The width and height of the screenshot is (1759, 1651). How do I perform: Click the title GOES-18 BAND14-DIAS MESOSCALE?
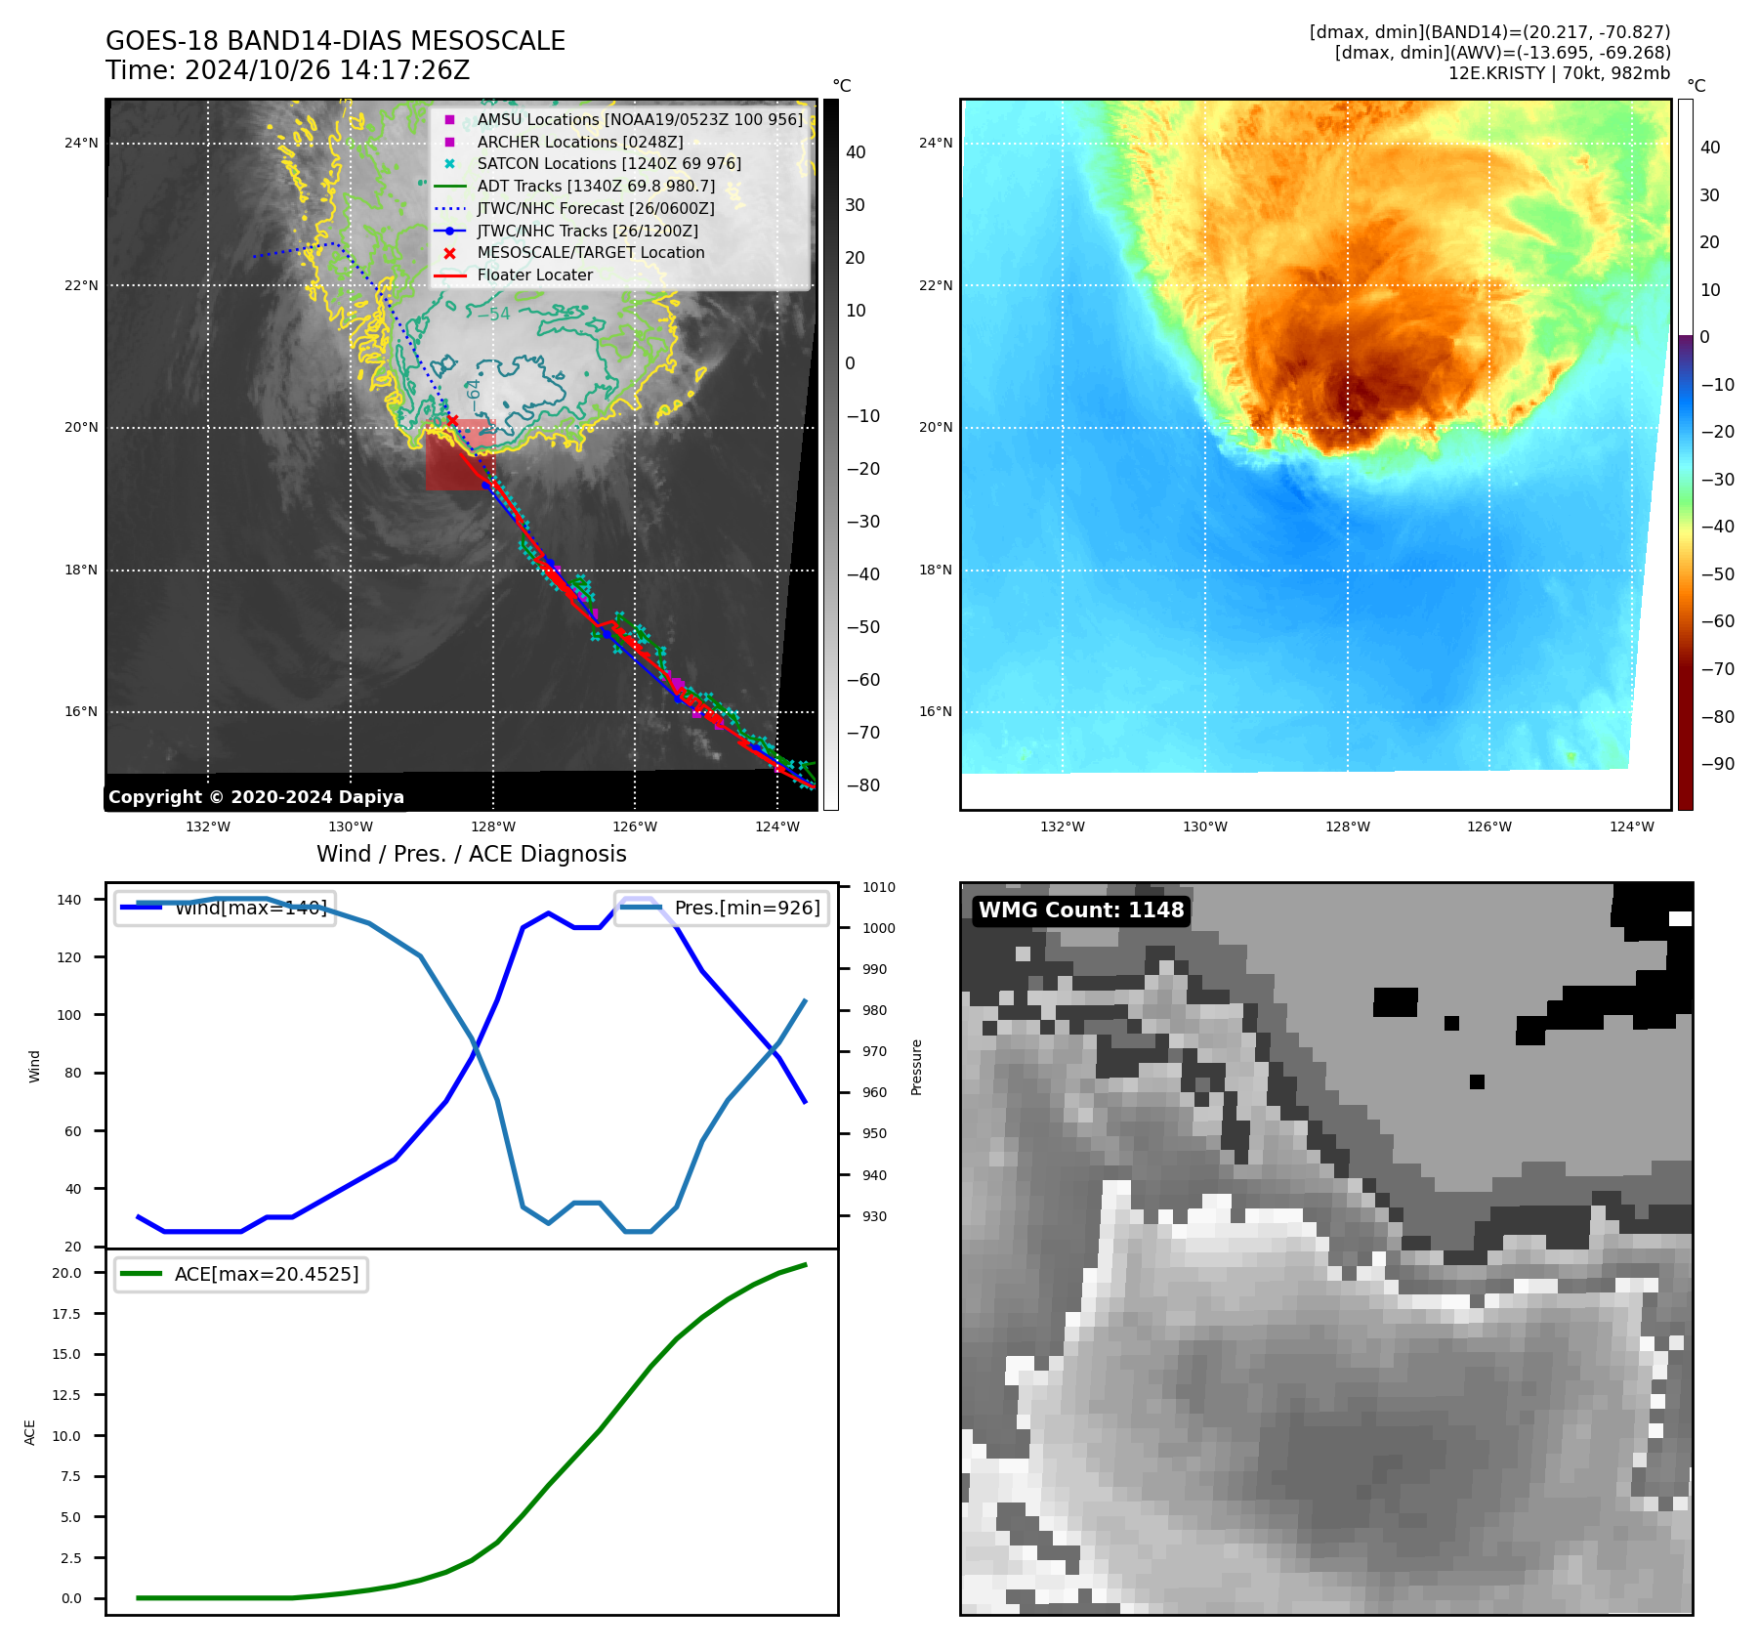(x=335, y=41)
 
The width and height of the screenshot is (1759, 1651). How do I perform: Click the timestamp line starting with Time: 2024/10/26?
(x=287, y=70)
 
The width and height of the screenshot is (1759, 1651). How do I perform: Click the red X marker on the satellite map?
(x=452, y=420)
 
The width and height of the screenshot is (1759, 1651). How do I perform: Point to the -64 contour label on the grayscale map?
(x=474, y=395)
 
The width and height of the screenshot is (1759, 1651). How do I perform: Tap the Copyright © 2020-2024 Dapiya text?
(x=256, y=796)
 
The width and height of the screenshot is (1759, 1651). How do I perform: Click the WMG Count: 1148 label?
(x=1081, y=910)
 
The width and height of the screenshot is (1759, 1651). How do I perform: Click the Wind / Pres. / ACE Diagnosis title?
(x=471, y=854)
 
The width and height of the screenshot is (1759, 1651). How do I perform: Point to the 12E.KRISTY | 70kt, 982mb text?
(x=1559, y=73)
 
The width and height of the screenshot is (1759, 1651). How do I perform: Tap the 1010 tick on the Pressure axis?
(x=878, y=887)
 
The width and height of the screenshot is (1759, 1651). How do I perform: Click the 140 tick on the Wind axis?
(x=69, y=900)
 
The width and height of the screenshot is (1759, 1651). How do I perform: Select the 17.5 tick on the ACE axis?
(x=66, y=1314)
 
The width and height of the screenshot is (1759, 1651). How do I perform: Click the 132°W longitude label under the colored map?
(x=1063, y=826)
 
